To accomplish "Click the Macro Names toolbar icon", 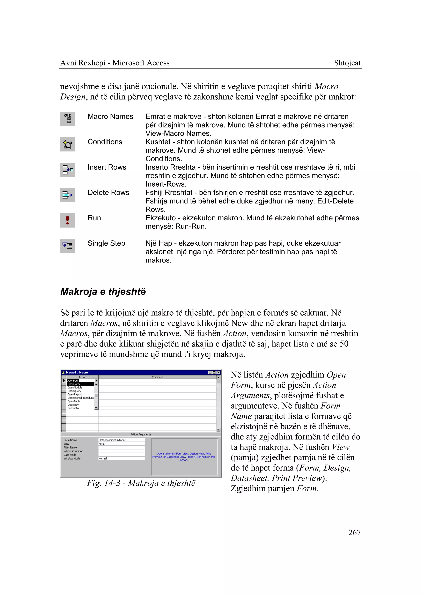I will (x=67, y=119).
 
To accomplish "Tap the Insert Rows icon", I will (x=67, y=170).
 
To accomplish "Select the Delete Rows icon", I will (x=67, y=195).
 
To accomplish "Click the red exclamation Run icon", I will (x=67, y=220).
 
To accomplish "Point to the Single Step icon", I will (x=67, y=246).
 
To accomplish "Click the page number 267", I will (x=354, y=532).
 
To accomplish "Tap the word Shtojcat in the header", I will (x=347, y=63).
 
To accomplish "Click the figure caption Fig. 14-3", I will (x=141, y=483).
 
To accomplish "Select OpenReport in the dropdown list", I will (x=75, y=394).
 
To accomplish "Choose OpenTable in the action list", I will (x=74, y=401).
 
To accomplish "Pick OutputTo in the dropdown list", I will (x=73, y=408).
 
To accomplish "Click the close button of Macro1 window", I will (x=219, y=372).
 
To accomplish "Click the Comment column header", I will (x=157, y=377).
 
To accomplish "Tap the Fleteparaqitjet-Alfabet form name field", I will (x=121, y=440).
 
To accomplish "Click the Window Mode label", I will (x=72, y=459).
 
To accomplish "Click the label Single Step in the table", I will (x=106, y=243).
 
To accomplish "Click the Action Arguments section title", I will (x=141, y=434).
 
